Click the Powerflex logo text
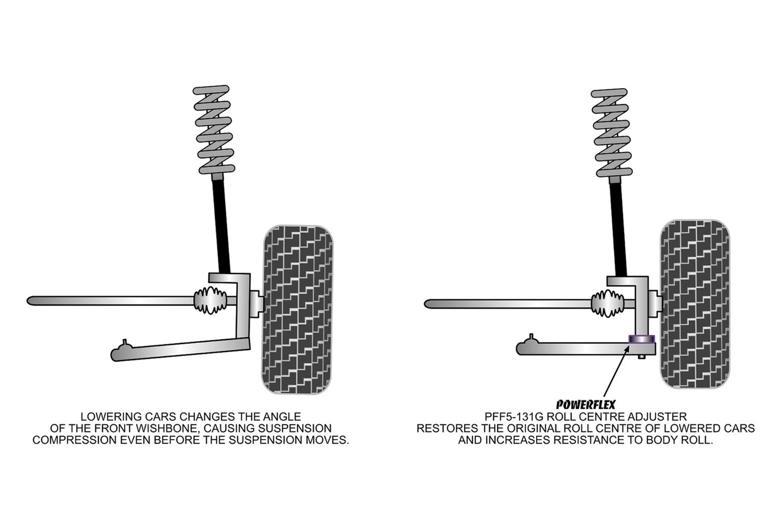coord(586,405)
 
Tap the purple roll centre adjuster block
coord(641,339)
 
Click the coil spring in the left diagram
coord(214,130)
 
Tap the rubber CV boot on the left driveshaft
coord(210,300)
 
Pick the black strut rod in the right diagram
coord(618,228)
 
